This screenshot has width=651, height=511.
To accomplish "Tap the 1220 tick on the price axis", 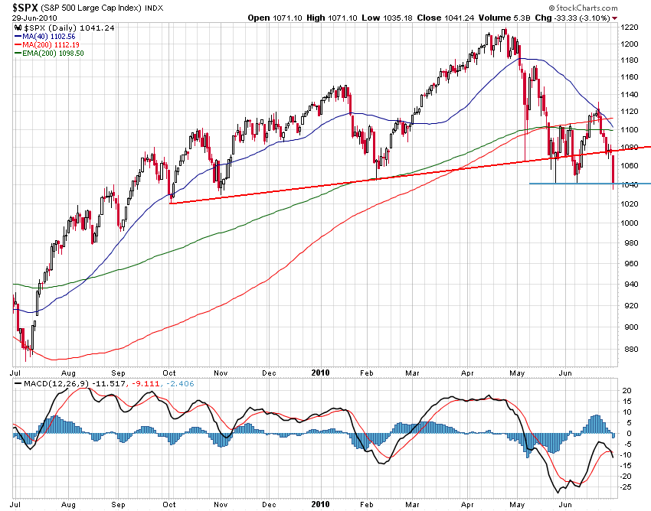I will coord(630,27).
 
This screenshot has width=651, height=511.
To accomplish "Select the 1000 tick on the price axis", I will coord(630,223).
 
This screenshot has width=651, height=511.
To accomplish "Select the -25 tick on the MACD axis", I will coord(627,487).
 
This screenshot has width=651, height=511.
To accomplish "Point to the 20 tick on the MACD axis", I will coord(627,390).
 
